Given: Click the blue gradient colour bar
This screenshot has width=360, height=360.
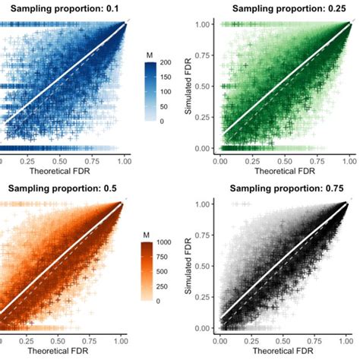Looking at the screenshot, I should (150, 91).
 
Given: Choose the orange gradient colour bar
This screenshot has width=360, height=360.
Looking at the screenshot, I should (150, 272).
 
